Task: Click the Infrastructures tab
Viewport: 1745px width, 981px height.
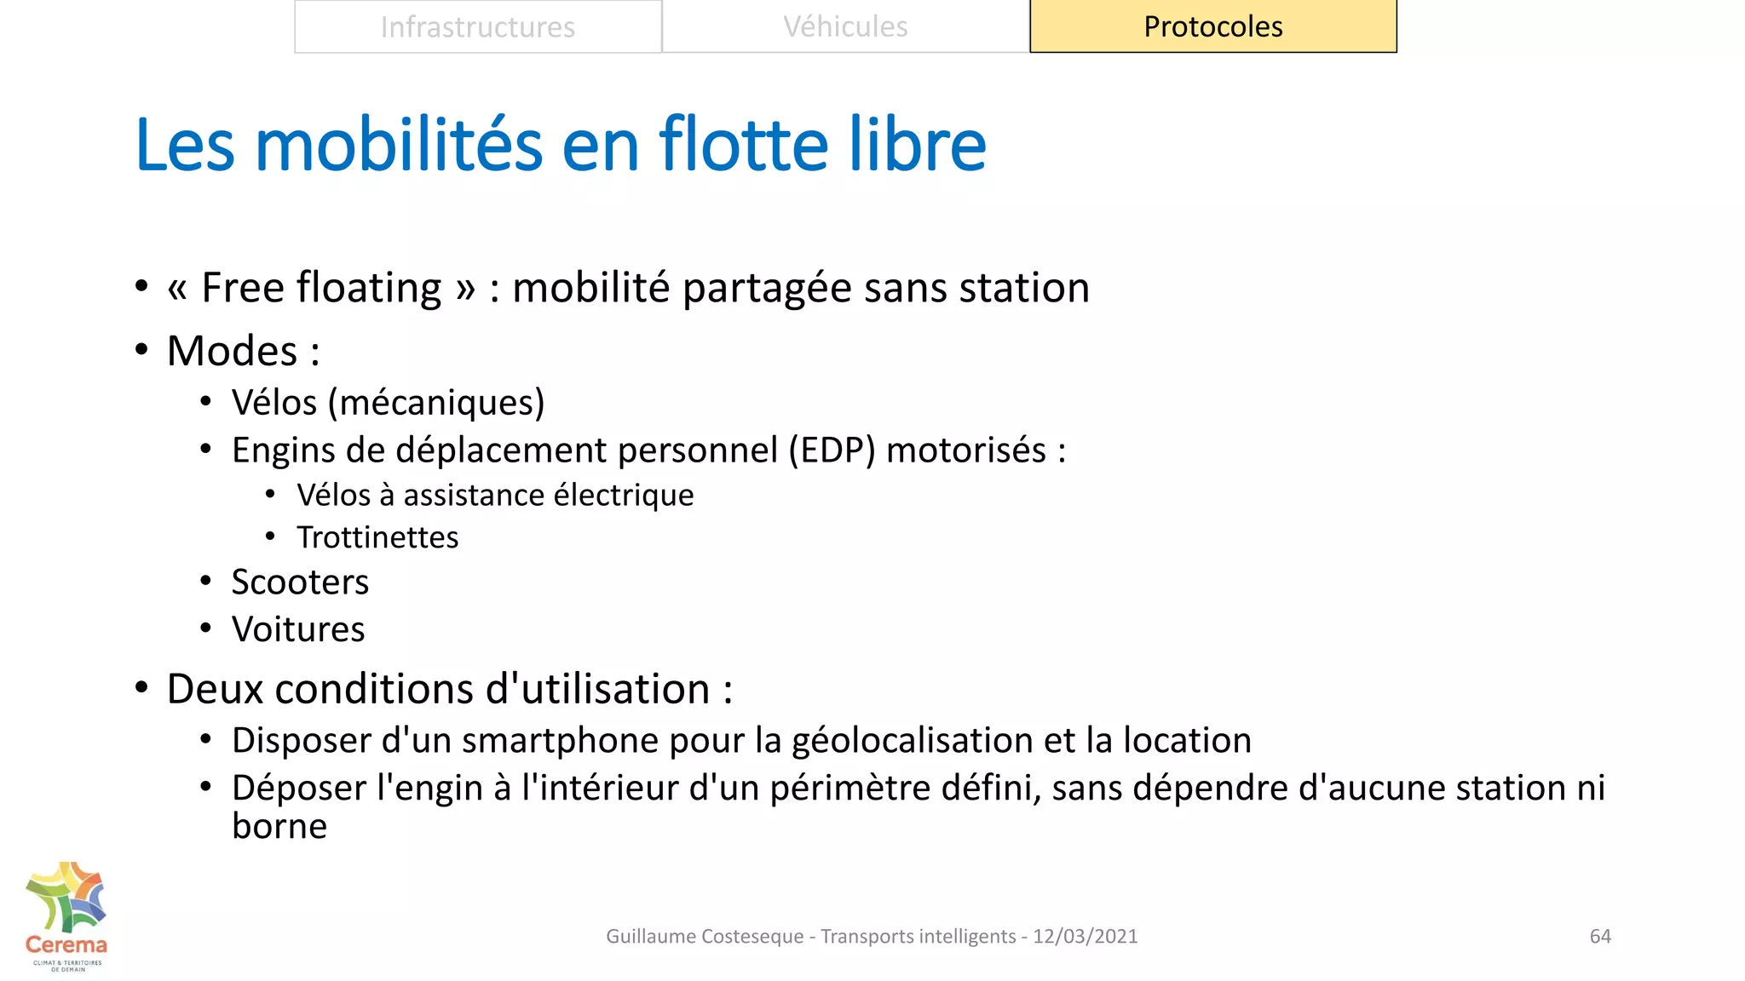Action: [478, 27]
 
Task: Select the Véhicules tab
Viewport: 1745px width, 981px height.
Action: [845, 27]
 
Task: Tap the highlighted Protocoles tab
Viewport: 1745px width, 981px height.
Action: [1212, 27]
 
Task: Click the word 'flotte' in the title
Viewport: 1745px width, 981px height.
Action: [743, 145]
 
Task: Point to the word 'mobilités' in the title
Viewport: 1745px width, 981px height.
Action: [399, 145]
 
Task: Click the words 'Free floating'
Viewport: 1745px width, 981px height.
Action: [321, 288]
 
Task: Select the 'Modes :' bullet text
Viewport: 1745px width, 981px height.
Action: [244, 351]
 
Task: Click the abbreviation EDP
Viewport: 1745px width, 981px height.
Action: [832, 450]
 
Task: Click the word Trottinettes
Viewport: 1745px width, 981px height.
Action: [377, 538]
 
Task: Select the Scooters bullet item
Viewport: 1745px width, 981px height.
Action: [300, 582]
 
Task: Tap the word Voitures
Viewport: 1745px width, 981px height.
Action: [298, 630]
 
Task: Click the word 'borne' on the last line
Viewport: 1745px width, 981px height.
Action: [279, 827]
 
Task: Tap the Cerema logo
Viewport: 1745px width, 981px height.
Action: [66, 916]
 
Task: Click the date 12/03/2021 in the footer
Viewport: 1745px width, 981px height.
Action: [1085, 937]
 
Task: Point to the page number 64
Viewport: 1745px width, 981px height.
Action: [1600, 937]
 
